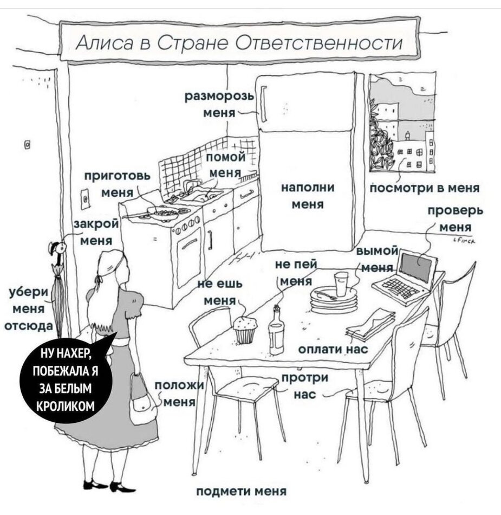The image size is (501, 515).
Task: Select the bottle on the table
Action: coord(276,331)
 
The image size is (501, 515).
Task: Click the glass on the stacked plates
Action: coord(341,284)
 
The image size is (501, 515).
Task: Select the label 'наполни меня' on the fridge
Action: coord(308,196)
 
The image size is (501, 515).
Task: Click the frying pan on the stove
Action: coord(163,212)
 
